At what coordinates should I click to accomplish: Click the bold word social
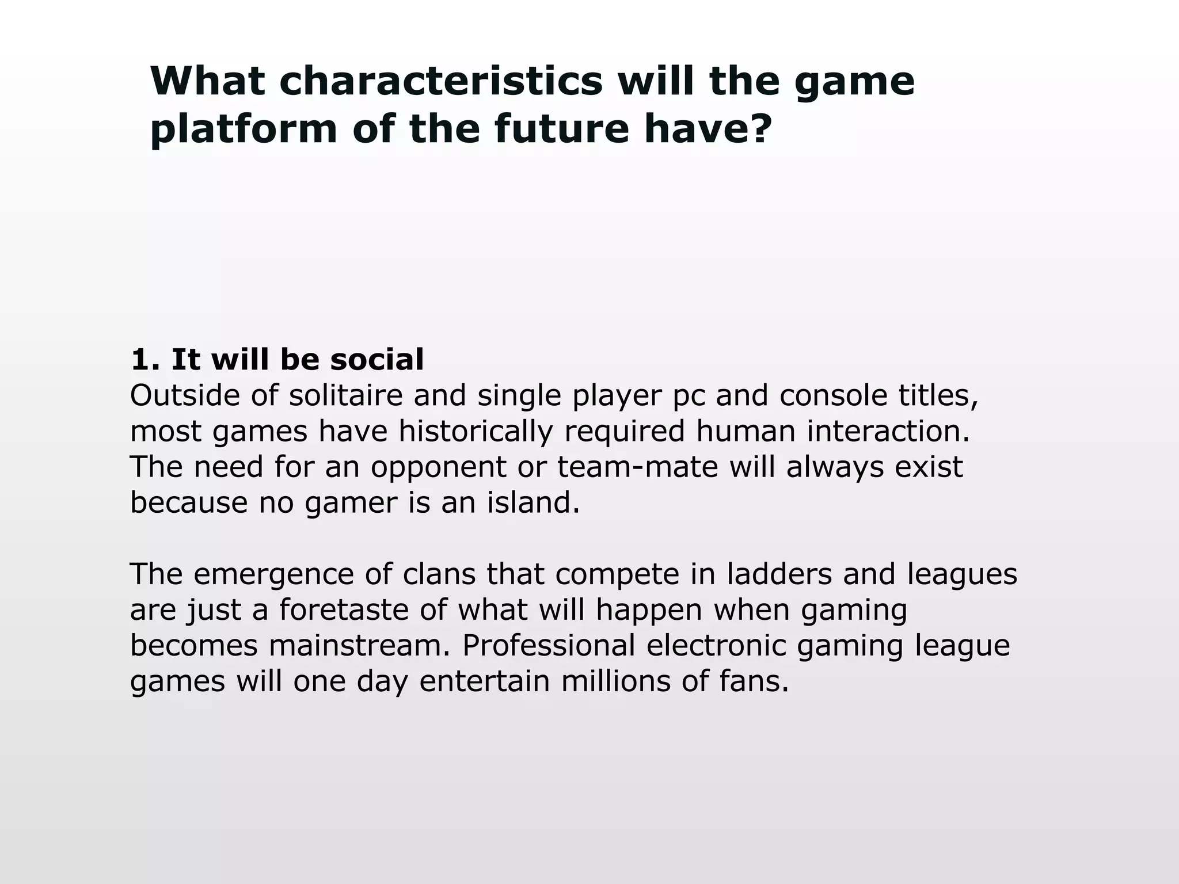click(x=377, y=360)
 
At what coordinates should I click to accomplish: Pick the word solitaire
click(x=345, y=395)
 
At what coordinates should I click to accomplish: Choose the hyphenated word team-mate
click(x=638, y=467)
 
